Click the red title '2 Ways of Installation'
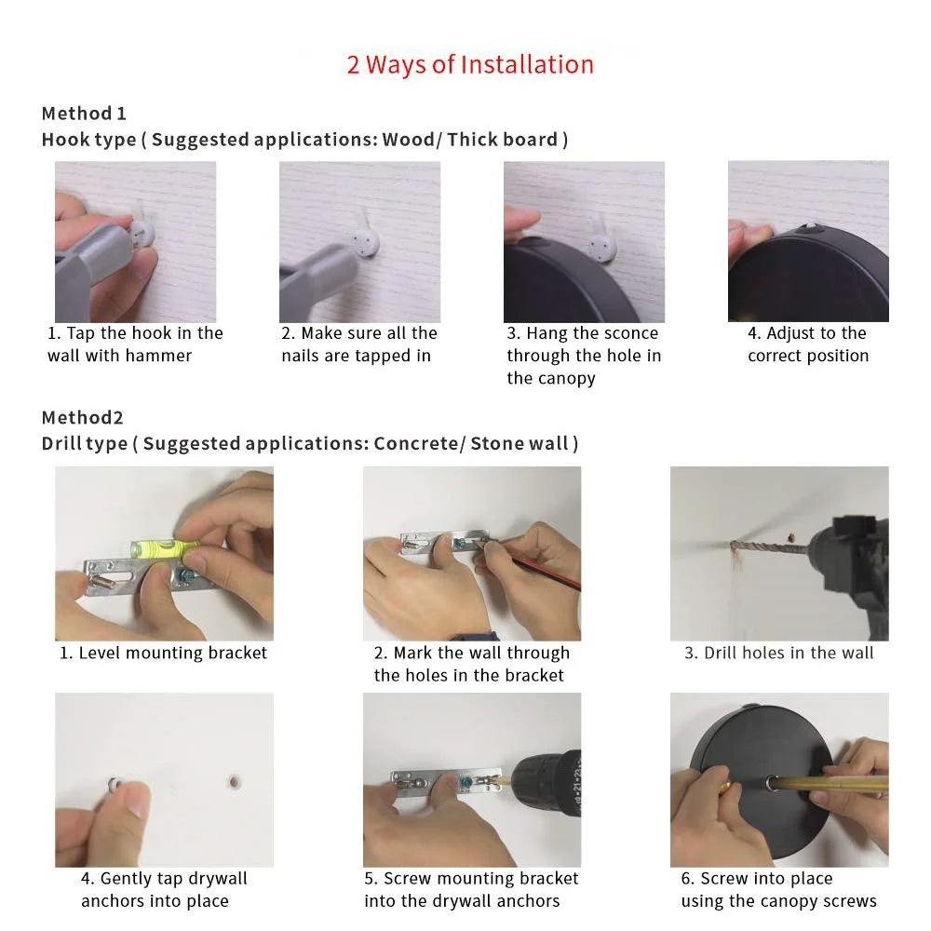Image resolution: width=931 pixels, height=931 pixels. (470, 65)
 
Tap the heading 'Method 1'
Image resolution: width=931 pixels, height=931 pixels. (84, 114)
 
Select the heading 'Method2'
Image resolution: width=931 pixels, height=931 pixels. (83, 417)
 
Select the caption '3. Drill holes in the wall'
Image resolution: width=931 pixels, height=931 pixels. (778, 654)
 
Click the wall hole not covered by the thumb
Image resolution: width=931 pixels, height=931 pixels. (234, 782)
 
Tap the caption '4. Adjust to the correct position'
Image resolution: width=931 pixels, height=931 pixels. (808, 344)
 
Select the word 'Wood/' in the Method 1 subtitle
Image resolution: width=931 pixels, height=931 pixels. (412, 140)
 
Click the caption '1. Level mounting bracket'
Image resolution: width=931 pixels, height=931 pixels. (163, 654)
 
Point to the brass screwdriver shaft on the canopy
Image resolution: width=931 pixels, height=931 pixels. (830, 783)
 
